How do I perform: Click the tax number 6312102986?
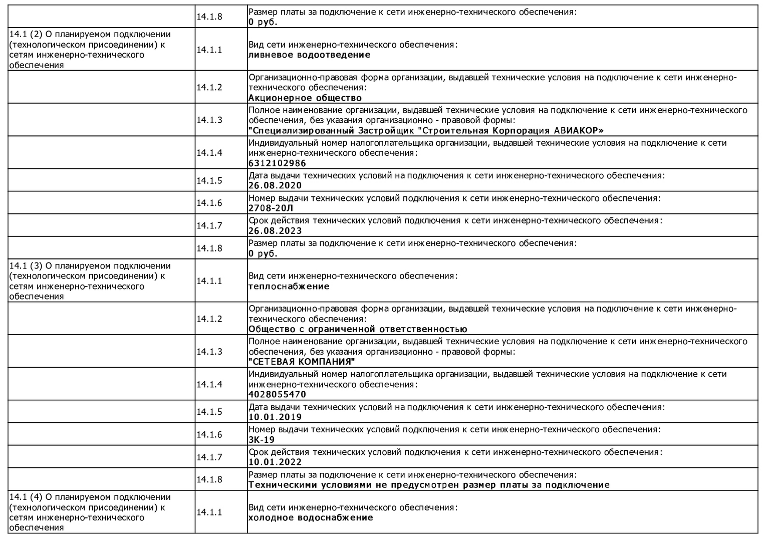pos(277,163)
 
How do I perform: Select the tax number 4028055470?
pos(277,395)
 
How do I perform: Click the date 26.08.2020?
pos(275,186)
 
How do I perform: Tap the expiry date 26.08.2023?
pos(275,231)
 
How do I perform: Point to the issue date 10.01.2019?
pos(275,417)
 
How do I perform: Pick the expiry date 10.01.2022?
pos(275,462)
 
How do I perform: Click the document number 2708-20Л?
pos(271,208)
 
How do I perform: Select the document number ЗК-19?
pos(262,440)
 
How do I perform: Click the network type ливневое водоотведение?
pos(309,55)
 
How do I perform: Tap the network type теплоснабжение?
pos(289,287)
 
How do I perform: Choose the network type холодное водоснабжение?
pos(311,518)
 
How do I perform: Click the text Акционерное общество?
pos(305,98)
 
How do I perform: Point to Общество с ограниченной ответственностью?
pos(358,329)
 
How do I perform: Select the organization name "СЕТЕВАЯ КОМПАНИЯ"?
pos(302,362)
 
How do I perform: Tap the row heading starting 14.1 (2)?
pos(90,50)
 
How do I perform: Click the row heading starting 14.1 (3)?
pos(90,281)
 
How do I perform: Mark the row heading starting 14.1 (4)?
pos(90,512)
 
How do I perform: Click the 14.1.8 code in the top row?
pos(209,17)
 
